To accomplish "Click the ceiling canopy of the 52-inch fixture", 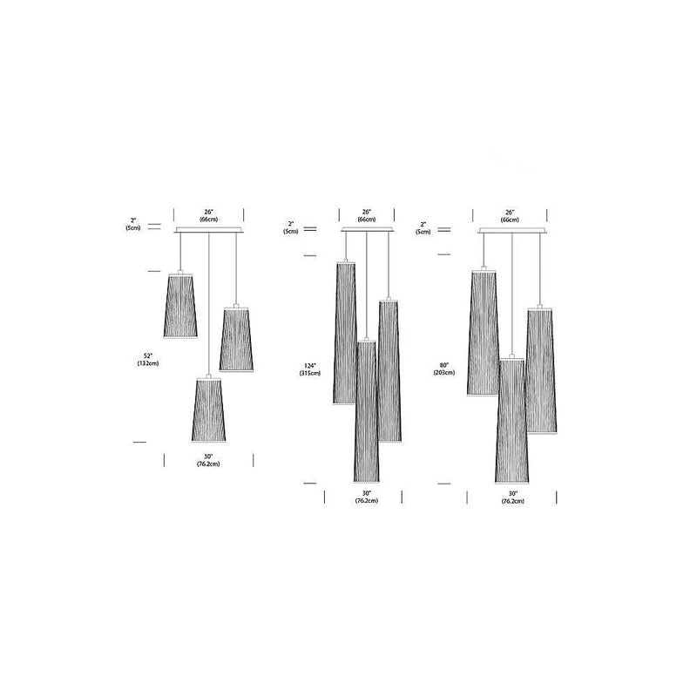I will pos(209,230).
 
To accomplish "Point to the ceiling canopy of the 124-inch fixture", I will pos(367,230).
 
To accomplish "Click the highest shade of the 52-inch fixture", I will pos(180,304).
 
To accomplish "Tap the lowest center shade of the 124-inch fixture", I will pos(367,409).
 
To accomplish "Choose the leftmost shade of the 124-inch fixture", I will pos(346,332).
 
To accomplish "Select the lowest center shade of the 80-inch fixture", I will pos(511,418).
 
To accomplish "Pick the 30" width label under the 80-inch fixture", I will pos(512,497).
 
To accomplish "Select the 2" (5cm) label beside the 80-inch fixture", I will pos(423,227).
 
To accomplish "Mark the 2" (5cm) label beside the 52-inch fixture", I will pos(132,224).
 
